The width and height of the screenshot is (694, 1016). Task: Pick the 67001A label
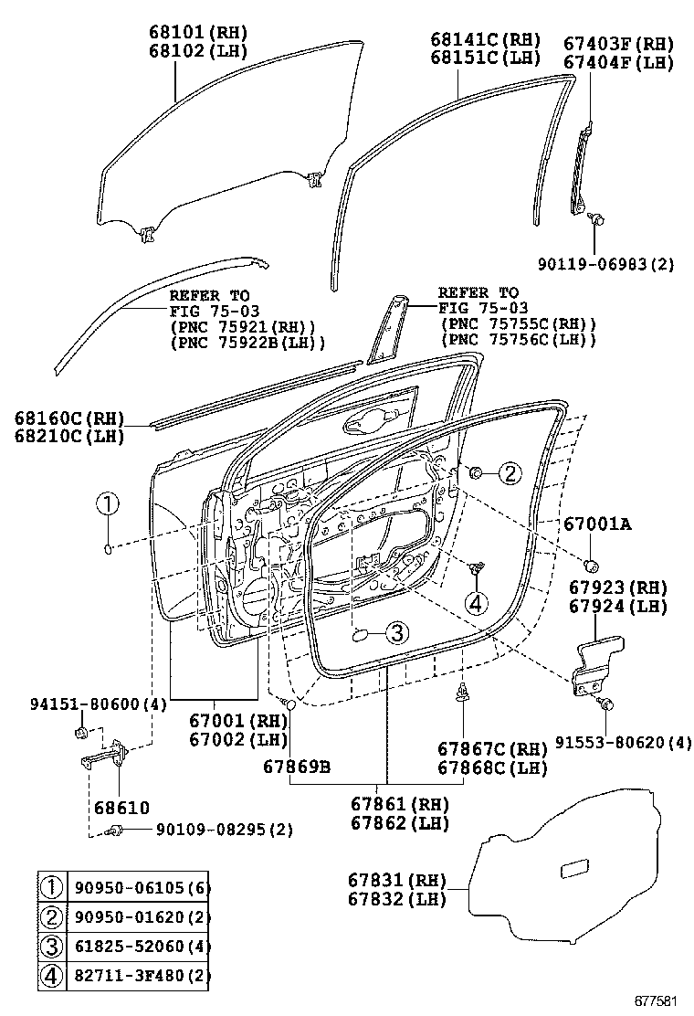598,524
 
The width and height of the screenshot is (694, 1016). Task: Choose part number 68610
121,808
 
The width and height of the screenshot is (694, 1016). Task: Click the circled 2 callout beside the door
509,472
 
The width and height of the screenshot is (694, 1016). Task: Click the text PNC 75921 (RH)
242,326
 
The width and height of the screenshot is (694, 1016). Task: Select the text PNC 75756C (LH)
518,340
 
